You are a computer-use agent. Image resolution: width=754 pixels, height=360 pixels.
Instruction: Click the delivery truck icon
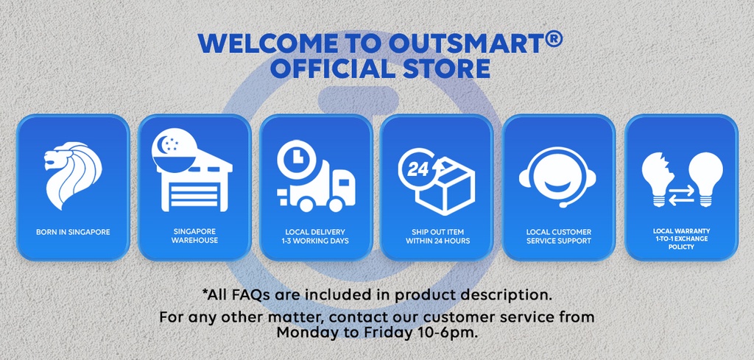(x=317, y=185)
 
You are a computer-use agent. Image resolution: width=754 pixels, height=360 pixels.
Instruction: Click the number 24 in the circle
(x=417, y=169)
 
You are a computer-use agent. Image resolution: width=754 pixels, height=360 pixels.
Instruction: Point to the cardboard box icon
(x=445, y=186)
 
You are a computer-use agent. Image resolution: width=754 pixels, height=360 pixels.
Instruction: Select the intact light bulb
(x=705, y=179)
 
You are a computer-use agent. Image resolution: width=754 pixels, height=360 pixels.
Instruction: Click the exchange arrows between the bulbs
(x=682, y=194)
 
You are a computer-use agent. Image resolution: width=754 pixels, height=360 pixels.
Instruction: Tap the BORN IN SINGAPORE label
(x=73, y=232)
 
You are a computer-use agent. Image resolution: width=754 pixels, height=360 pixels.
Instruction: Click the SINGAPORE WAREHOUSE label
(x=194, y=236)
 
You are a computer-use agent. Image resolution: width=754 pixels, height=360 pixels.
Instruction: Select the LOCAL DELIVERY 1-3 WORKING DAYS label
(x=315, y=236)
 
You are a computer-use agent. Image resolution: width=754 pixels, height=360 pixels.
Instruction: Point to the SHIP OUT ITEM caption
(x=437, y=232)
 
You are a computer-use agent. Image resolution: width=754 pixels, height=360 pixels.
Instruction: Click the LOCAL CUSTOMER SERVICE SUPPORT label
(x=559, y=236)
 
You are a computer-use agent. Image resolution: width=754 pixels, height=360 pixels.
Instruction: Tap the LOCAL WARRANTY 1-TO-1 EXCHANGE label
(x=681, y=235)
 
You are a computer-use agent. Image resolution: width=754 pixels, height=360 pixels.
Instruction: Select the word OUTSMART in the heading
(x=465, y=43)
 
